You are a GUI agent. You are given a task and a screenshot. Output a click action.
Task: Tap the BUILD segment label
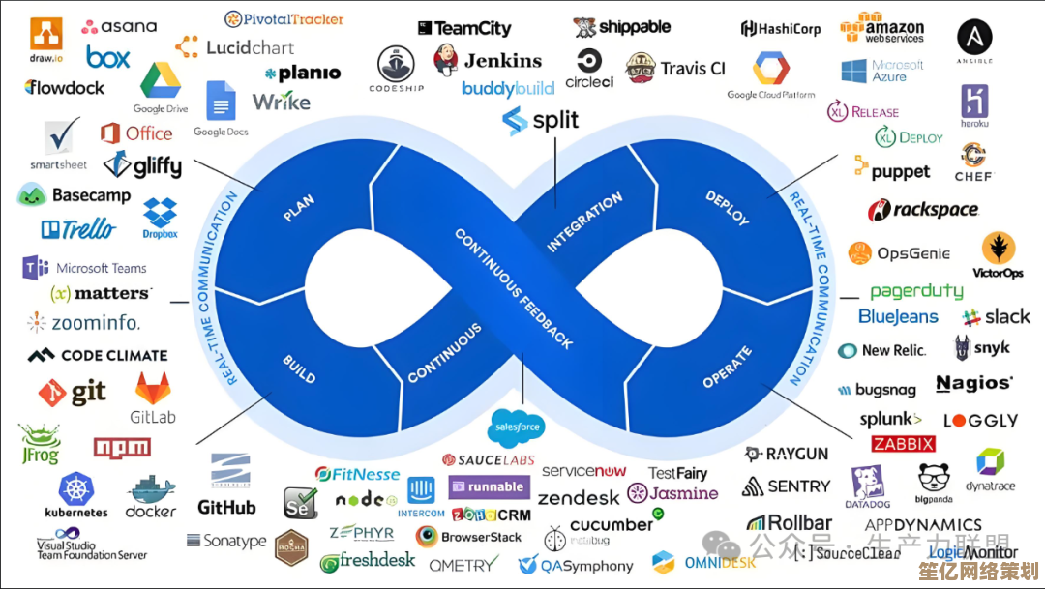pyautogui.click(x=299, y=368)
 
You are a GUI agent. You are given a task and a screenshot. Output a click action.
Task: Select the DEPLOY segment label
pyautogui.click(x=728, y=207)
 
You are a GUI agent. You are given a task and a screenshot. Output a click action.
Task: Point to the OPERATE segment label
pyautogui.click(x=727, y=368)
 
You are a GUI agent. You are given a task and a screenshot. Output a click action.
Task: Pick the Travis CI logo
pyautogui.click(x=675, y=68)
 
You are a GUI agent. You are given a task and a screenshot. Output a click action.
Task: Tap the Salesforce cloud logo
pyautogui.click(x=517, y=427)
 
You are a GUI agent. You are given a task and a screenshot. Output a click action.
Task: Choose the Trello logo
pyautogui.click(x=78, y=229)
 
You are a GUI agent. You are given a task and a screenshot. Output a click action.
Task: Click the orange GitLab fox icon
pyautogui.click(x=153, y=389)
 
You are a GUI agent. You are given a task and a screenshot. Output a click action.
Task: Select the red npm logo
pyautogui.click(x=122, y=447)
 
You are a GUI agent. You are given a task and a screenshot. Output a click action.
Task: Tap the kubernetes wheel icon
pyautogui.click(x=76, y=487)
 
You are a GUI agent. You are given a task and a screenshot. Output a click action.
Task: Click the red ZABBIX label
pyautogui.click(x=903, y=444)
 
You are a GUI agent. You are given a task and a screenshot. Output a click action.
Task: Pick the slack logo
pyautogui.click(x=996, y=316)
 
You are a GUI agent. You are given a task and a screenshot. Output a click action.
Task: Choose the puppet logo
pyautogui.click(x=891, y=171)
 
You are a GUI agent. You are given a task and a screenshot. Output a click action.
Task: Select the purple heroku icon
pyautogui.click(x=974, y=102)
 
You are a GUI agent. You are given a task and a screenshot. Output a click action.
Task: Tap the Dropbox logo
pyautogui.click(x=161, y=214)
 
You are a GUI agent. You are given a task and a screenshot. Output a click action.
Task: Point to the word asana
pyautogui.click(x=119, y=26)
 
